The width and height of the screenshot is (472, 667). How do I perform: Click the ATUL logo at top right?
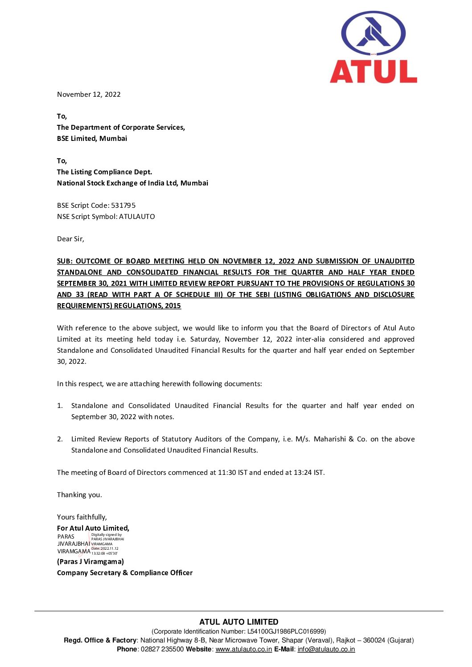(373, 48)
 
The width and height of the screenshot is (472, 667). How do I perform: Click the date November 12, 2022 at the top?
(89, 95)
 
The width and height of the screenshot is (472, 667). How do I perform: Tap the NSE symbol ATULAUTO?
(137, 217)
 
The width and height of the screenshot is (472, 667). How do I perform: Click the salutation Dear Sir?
(70, 239)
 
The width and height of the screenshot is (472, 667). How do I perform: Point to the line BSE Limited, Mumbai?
(92, 139)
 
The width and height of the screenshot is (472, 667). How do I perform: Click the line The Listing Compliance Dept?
(104, 172)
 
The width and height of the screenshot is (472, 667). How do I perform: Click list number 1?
(60, 406)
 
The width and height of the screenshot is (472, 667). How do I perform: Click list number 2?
(60, 439)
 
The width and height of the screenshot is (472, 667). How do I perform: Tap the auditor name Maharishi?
(330, 439)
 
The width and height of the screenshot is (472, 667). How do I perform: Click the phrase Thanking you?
(79, 495)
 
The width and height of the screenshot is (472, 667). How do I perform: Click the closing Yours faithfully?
(82, 517)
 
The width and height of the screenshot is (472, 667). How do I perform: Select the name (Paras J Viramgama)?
(90, 562)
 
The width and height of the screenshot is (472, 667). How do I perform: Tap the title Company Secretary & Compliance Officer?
(125, 573)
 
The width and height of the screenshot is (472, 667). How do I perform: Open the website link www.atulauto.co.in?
(244, 649)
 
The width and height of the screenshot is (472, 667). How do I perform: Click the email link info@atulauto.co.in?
(326, 649)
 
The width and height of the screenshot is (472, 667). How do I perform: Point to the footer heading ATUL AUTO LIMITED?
(239, 622)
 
